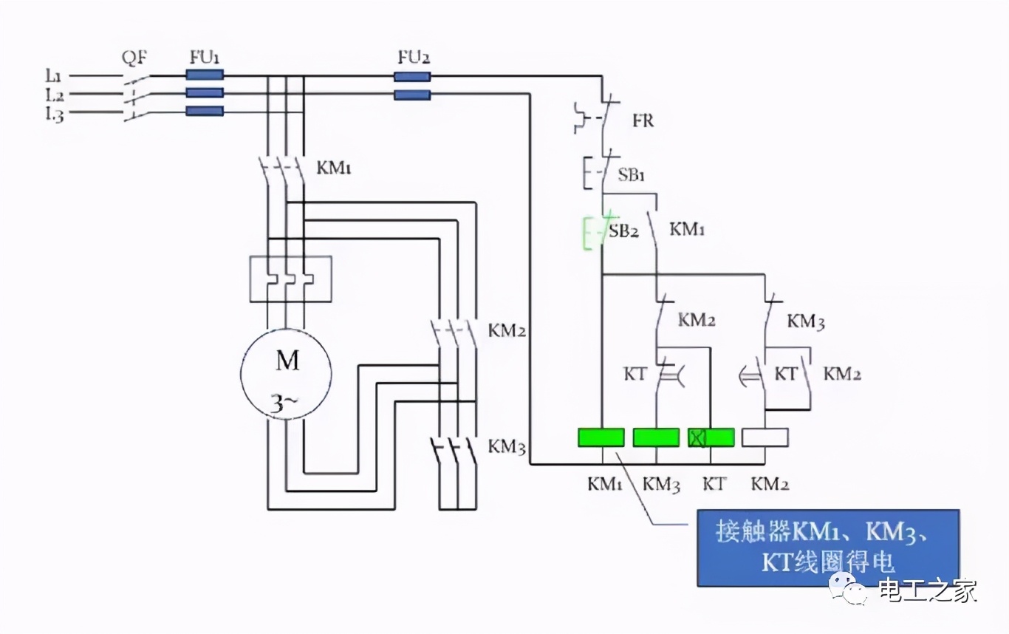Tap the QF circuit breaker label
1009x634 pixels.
[x=133, y=57]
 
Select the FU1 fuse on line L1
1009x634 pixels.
[x=204, y=75]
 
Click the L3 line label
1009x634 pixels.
[x=54, y=114]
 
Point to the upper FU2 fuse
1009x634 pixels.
[x=412, y=77]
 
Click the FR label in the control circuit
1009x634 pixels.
[x=643, y=120]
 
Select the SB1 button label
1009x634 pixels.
[x=632, y=176]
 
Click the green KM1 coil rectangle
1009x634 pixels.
[x=601, y=437]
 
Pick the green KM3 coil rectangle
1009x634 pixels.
[x=656, y=437]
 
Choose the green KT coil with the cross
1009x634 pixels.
[x=711, y=437]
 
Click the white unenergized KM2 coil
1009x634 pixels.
[x=765, y=437]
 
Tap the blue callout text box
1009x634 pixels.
[x=827, y=548]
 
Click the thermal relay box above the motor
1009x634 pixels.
[x=290, y=279]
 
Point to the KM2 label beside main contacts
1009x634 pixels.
[x=507, y=330]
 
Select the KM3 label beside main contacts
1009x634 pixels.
[x=507, y=447]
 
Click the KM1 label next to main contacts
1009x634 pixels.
[x=334, y=168]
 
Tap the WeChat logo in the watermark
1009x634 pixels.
[x=849, y=589]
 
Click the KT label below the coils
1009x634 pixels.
[x=714, y=485]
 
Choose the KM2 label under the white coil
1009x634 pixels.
[x=769, y=485]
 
